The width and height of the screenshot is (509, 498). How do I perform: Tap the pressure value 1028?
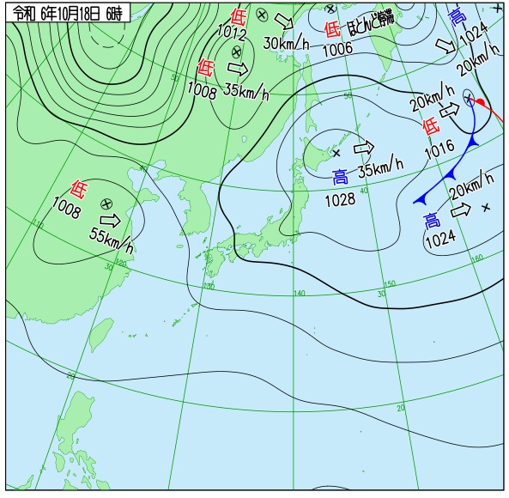[x=339, y=200]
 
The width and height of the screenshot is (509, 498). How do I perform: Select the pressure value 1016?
[x=439, y=148]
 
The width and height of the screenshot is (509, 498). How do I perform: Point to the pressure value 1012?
[x=231, y=34]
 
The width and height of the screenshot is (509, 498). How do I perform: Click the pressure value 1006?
[x=337, y=48]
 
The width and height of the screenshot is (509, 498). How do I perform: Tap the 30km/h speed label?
[x=286, y=43]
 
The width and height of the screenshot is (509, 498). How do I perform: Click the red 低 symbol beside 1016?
[x=431, y=126]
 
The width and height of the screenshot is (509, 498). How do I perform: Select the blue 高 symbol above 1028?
[x=341, y=178]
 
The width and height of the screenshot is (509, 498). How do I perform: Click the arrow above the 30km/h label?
[x=285, y=21]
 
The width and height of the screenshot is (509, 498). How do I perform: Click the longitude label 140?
[x=299, y=294]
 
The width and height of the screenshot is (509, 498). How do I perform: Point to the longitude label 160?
[x=477, y=257]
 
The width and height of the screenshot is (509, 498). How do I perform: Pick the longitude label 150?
[x=389, y=283]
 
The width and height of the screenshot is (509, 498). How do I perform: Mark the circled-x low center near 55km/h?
[x=106, y=203]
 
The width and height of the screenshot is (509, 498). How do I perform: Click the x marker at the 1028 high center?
[x=336, y=153]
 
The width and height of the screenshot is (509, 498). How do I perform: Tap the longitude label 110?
[x=38, y=223]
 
